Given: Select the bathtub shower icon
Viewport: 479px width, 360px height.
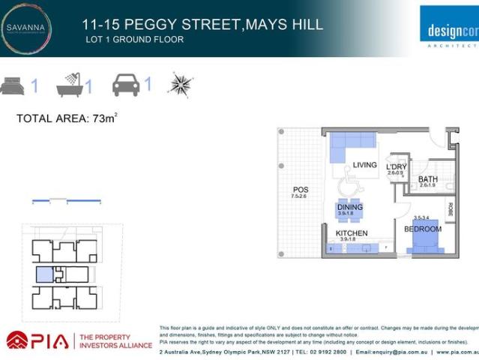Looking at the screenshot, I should click(70, 85).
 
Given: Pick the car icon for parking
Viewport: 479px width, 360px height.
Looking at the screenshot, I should click(126, 84).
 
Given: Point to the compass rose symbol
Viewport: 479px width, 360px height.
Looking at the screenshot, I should click(180, 84).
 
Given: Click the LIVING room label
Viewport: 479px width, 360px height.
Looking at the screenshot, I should click(365, 165).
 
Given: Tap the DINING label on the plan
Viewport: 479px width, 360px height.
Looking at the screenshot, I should click(349, 207).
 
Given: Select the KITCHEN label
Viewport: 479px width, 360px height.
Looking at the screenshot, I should click(351, 233).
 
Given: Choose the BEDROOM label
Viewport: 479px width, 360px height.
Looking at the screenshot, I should click(423, 229).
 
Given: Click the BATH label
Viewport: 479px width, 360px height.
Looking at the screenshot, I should click(428, 179).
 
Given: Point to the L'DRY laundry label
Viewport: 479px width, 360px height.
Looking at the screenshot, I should click(396, 166).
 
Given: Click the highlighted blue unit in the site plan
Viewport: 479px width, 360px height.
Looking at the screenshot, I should click(45, 274).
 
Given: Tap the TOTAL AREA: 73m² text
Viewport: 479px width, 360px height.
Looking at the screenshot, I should click(67, 118).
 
